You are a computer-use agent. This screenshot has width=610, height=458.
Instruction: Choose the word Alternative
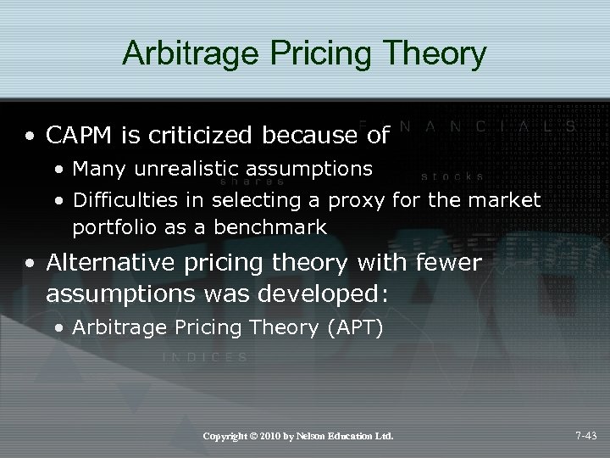(105, 264)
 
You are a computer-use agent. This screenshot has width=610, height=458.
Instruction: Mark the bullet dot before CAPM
(31, 134)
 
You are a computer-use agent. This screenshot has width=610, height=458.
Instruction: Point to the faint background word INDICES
(204, 357)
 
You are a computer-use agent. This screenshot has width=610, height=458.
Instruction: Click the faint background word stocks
(452, 177)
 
